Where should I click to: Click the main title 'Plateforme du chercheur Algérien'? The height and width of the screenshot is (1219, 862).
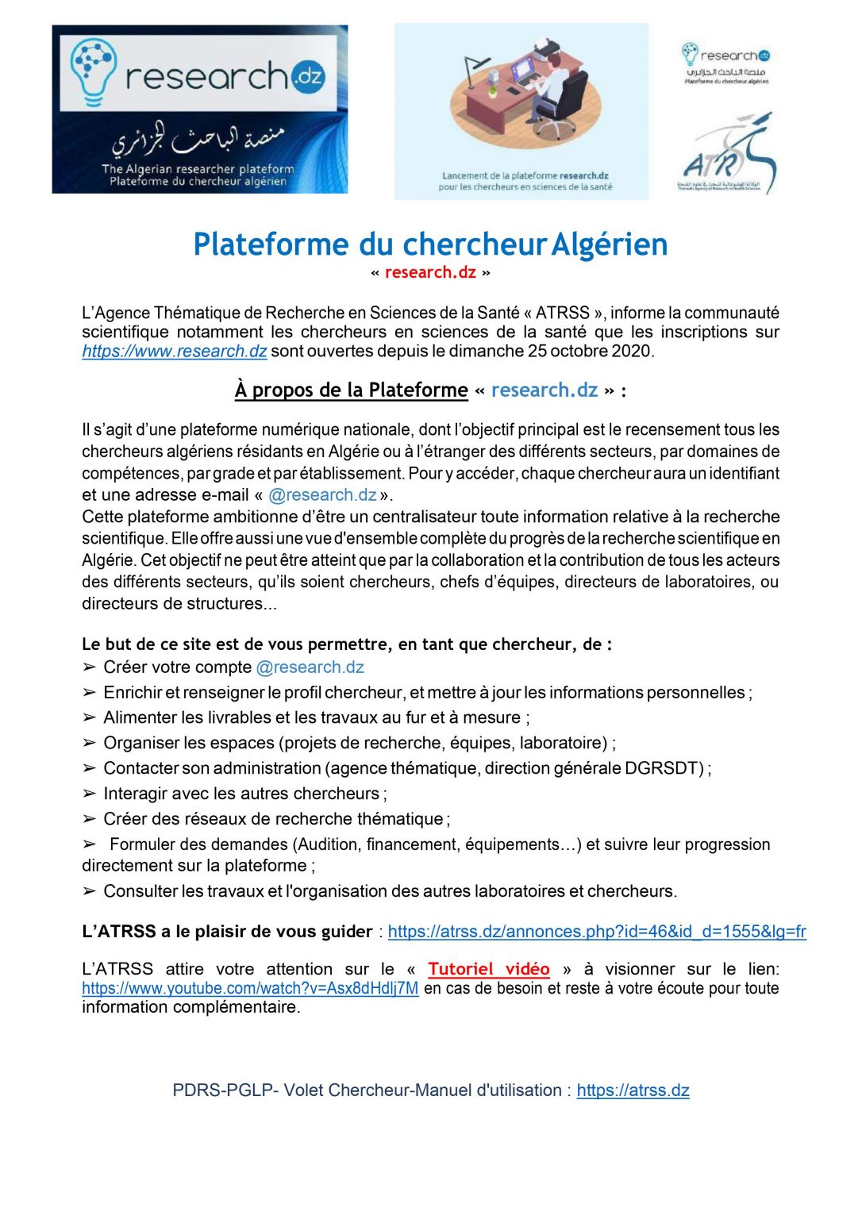click(x=430, y=244)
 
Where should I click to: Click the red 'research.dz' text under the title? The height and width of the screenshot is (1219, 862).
click(x=430, y=272)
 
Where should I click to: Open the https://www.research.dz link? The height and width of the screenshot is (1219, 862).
click(x=174, y=352)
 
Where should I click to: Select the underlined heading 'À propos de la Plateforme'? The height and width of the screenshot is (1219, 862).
click(x=351, y=390)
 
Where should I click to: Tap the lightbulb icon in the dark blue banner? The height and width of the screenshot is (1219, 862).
click(x=93, y=70)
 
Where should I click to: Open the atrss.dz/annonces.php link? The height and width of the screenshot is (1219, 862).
click(x=597, y=932)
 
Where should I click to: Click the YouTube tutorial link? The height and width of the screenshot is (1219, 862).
click(x=250, y=989)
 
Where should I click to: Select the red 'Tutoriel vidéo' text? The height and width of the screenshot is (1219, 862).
click(x=488, y=969)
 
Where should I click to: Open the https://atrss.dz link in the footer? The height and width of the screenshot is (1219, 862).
click(x=633, y=1090)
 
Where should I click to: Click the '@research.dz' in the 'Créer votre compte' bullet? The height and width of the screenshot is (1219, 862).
click(x=310, y=667)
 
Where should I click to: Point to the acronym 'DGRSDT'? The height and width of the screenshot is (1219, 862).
click(x=664, y=768)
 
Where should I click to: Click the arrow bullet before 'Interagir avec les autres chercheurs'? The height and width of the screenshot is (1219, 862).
click(x=89, y=794)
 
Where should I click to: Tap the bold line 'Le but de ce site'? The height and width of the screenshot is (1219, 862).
click(x=346, y=644)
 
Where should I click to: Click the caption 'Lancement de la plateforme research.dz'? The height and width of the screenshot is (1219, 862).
click(x=525, y=176)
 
